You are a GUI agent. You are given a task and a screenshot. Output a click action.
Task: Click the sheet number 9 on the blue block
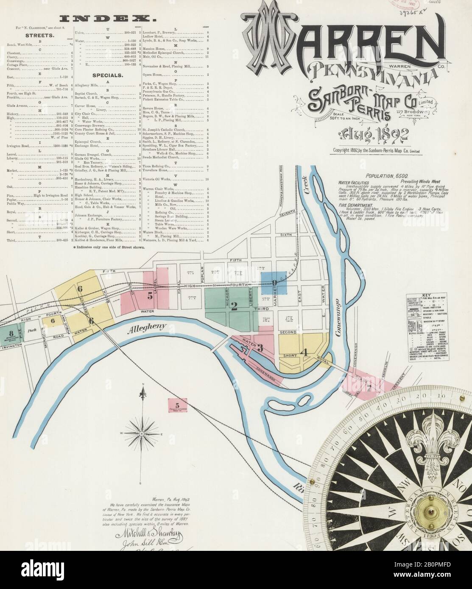274,283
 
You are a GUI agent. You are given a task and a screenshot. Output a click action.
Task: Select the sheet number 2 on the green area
233,307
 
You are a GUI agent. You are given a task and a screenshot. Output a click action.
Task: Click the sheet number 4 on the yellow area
302,351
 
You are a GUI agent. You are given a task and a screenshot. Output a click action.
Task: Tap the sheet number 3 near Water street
260,348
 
